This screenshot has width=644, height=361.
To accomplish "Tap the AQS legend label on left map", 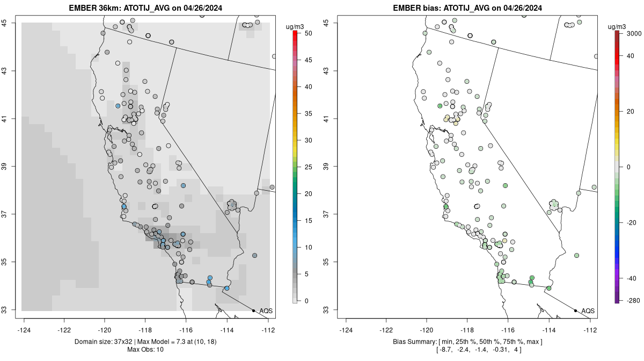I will coord(266,311).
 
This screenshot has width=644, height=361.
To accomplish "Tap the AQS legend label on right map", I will coord(588,311).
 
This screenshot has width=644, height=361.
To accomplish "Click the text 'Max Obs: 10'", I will coord(145,350).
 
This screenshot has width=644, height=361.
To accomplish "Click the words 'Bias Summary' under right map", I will coord(412,342).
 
